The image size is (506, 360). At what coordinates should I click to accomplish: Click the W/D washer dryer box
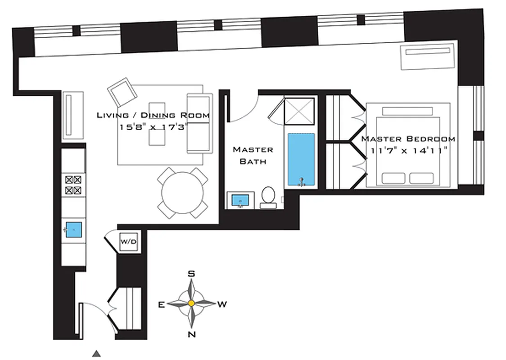pyautogui.click(x=128, y=242)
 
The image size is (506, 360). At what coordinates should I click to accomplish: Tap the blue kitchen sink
pyautogui.click(x=73, y=230)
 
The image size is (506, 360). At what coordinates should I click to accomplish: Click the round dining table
pyautogui.click(x=183, y=193)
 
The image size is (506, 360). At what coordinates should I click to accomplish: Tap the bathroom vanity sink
pyautogui.click(x=240, y=199)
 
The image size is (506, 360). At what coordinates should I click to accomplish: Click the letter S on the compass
pyautogui.click(x=191, y=274)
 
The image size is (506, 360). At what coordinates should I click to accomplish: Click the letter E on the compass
pyautogui.click(x=161, y=305)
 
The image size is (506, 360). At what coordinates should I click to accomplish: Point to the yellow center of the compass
pyautogui.click(x=191, y=304)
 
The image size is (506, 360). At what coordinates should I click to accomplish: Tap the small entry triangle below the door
pyautogui.click(x=96, y=354)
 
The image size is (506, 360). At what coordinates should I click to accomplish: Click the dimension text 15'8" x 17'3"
pyautogui.click(x=153, y=127)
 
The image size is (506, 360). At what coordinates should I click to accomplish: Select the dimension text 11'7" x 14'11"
pyautogui.click(x=408, y=151)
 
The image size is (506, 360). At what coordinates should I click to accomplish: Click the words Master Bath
pyautogui.click(x=253, y=155)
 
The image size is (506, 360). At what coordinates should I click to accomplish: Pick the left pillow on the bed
pyautogui.click(x=393, y=178)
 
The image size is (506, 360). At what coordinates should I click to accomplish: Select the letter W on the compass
pyautogui.click(x=222, y=305)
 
